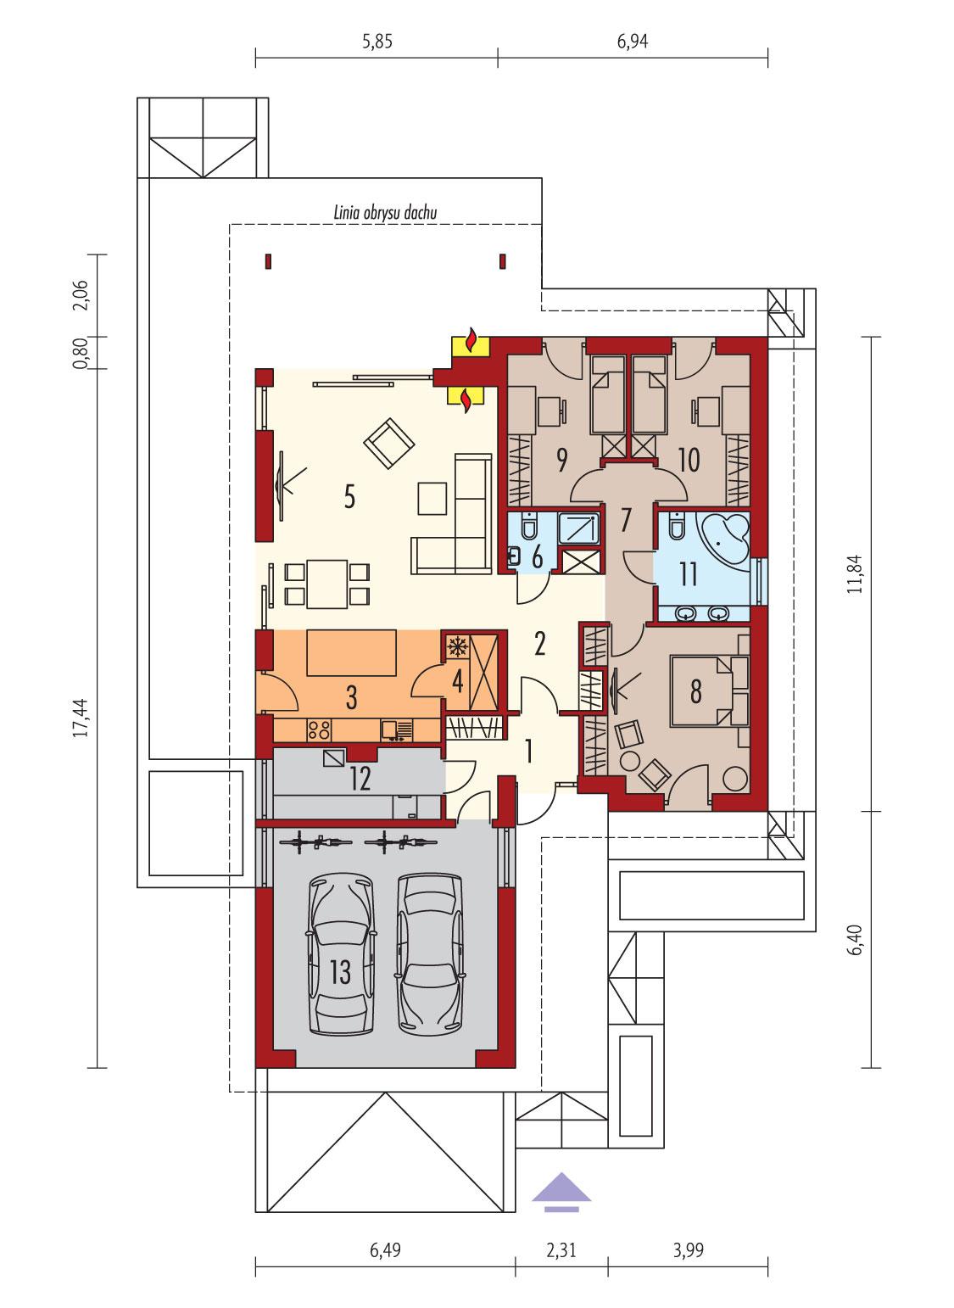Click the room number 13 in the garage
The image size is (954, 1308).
point(340,972)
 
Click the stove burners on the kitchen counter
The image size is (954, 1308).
point(318,729)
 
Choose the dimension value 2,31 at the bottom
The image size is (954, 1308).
point(561,1249)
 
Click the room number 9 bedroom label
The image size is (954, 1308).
point(561,460)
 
